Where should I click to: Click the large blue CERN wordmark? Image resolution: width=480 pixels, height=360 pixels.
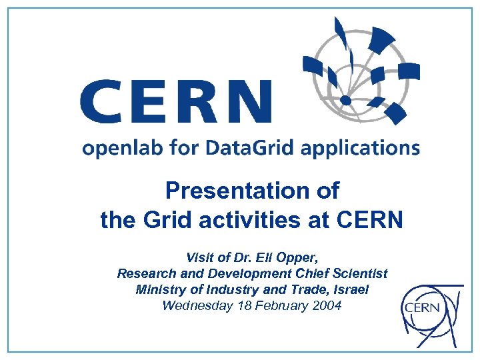(x=176, y=101)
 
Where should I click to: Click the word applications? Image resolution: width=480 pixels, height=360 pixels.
(x=361, y=149)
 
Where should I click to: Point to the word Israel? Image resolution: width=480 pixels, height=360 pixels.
(x=350, y=290)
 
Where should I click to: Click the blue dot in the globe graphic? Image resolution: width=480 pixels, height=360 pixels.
(x=345, y=100)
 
